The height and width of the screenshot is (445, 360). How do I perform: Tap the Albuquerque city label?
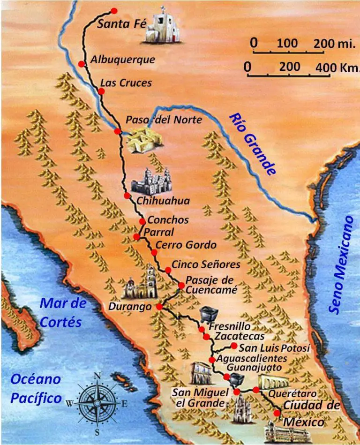click(x=122, y=60)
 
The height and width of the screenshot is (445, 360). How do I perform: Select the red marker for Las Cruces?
click(x=101, y=91)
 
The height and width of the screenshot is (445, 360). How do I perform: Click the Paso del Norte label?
click(x=164, y=120)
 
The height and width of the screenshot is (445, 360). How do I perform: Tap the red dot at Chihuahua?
click(x=127, y=196)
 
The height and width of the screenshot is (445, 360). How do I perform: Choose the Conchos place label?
click(x=168, y=220)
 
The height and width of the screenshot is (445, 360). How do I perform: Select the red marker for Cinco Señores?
click(x=168, y=270)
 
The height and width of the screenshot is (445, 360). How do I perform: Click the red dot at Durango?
click(x=159, y=307)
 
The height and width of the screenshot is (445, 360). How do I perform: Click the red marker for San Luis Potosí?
click(x=234, y=346)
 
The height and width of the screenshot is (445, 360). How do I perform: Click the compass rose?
click(x=97, y=403)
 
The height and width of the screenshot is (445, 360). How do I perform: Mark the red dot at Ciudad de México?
click(x=277, y=413)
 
